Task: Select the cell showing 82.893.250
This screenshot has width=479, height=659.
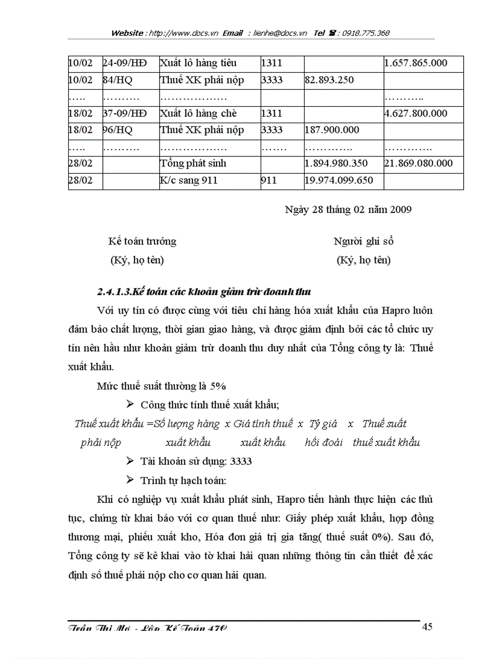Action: point(329,80)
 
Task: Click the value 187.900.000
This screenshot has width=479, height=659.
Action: point(332,130)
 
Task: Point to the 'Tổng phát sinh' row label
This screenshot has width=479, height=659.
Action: point(193,163)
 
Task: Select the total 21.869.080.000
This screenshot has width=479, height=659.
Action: point(419,163)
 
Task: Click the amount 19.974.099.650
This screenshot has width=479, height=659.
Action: point(339,180)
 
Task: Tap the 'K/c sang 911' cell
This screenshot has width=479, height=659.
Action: point(188,180)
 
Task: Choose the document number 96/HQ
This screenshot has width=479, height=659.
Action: point(116,130)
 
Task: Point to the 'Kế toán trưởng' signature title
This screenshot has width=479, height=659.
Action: point(141,241)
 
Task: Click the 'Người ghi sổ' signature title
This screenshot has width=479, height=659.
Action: point(363,241)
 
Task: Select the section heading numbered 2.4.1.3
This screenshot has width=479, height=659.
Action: point(204,291)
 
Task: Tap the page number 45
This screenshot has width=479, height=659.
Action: point(427,627)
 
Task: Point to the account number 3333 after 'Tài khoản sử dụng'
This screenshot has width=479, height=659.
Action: point(241,461)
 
